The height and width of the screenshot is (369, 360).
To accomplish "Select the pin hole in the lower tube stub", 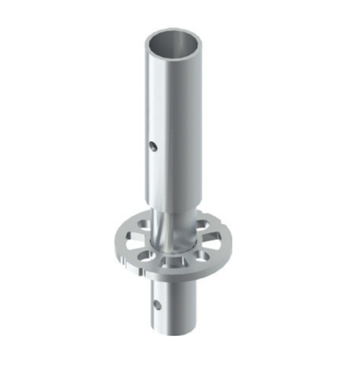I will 156,304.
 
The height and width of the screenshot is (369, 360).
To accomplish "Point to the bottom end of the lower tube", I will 175,331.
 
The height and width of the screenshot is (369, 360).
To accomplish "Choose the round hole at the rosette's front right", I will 201,256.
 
